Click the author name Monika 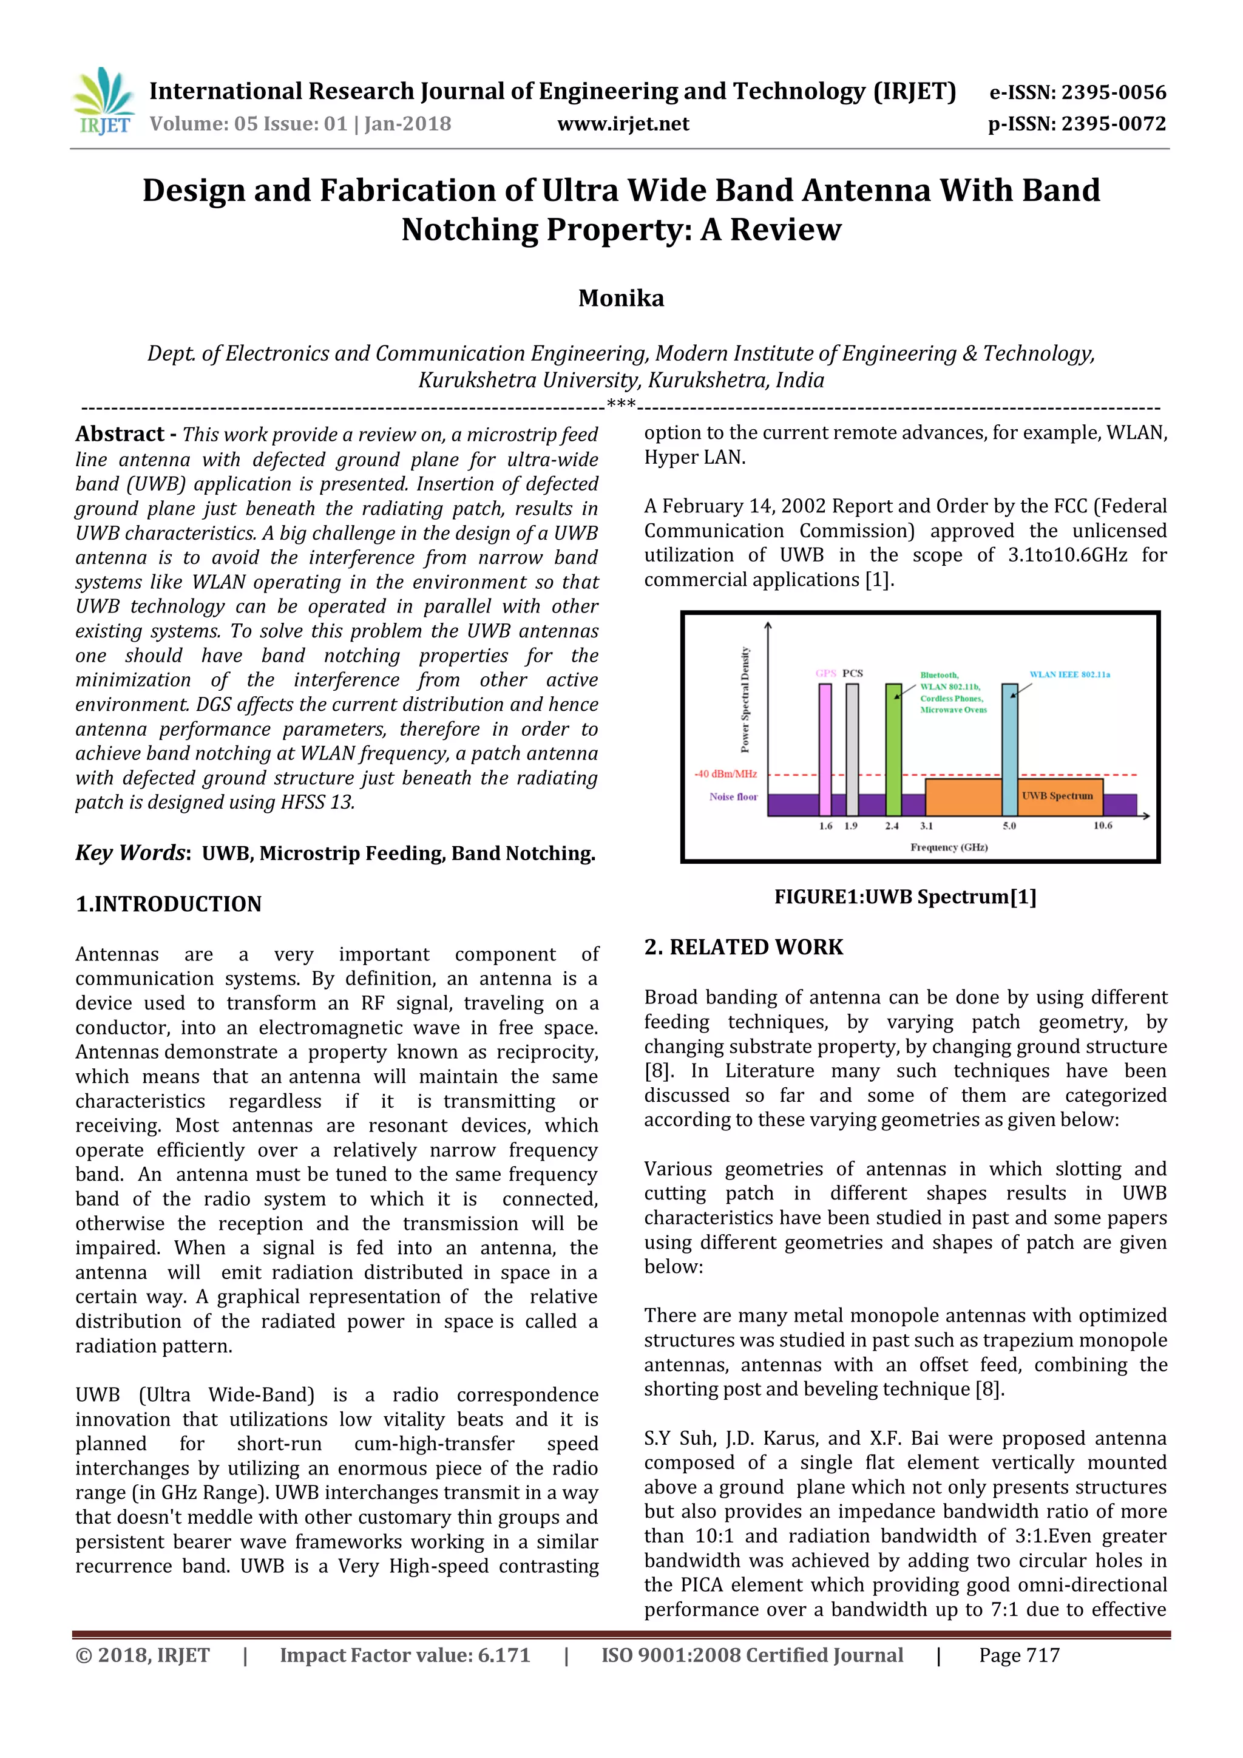(621, 298)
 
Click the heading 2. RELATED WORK (743, 947)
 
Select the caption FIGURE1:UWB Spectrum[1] (905, 897)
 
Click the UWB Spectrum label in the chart (1057, 796)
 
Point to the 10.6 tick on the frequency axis (1102, 826)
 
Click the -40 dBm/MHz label (726, 774)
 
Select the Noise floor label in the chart (733, 797)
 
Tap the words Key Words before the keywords (130, 853)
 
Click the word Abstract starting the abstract (120, 434)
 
